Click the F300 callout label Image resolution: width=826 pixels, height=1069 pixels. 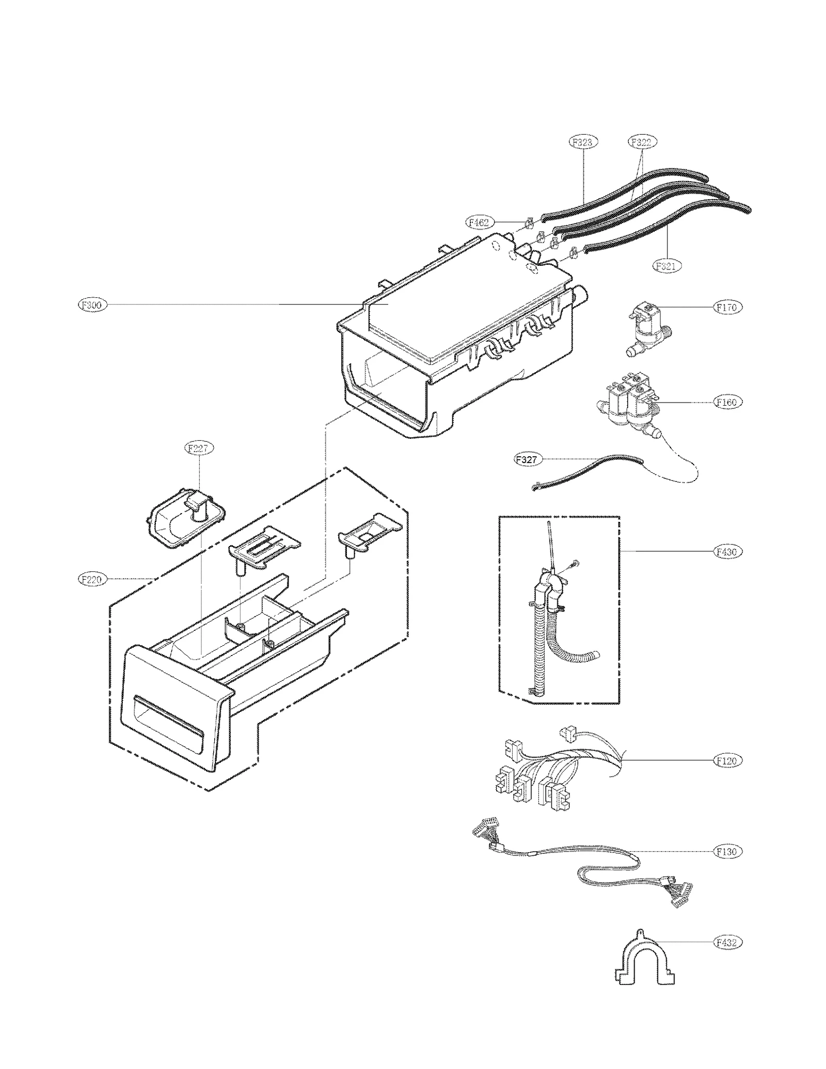point(92,305)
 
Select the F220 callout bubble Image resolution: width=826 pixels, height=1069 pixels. point(92,580)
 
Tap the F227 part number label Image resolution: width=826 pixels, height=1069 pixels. point(199,448)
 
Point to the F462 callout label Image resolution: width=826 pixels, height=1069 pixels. point(478,222)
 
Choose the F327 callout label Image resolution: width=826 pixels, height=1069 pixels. point(527,458)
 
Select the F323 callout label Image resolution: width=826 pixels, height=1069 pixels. point(583,141)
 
